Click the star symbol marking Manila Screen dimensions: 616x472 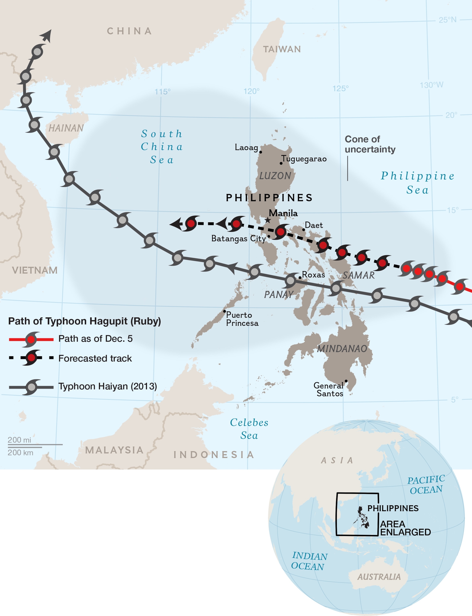pos(268,220)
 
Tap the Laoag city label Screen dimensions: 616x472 pos(246,147)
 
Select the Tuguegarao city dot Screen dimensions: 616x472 pos(281,163)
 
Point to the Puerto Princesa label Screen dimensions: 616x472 pos(242,319)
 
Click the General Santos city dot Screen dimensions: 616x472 pos(346,381)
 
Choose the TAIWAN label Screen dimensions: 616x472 pos(282,49)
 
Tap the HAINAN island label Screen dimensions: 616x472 pos(66,128)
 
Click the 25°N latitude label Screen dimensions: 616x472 pos(448,20)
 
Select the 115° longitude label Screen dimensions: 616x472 pos(162,92)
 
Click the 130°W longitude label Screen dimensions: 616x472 pos(431,85)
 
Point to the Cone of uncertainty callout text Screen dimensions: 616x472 pos(370,144)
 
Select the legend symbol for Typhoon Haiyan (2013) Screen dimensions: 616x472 pos(32,387)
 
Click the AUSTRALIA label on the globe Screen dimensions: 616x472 pos(379,577)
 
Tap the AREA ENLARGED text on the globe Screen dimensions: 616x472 pos(405,528)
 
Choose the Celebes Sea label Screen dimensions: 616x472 pos(249,429)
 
